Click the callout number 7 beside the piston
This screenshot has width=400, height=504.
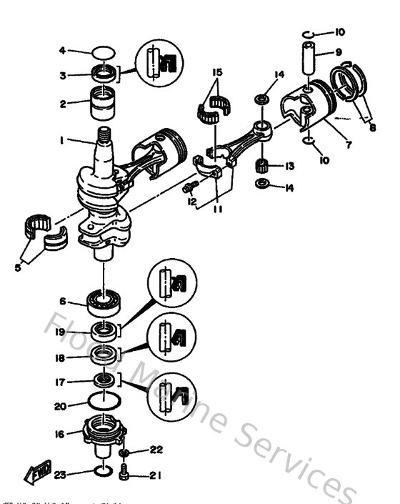pyautogui.click(x=348, y=145)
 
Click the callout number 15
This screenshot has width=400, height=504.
pyautogui.click(x=216, y=73)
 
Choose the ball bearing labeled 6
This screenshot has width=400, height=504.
pyautogui.click(x=104, y=302)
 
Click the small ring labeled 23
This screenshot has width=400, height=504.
pyautogui.click(x=103, y=472)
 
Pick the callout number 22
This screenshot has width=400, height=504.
pyautogui.click(x=157, y=450)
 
